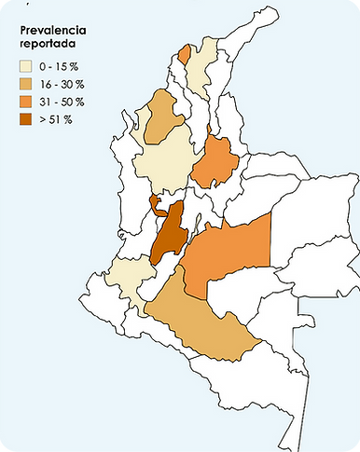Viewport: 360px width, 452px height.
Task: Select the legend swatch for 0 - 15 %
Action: pos(28,66)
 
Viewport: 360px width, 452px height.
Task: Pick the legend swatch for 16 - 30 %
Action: pos(28,84)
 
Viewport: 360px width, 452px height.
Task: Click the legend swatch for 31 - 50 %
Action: pos(28,102)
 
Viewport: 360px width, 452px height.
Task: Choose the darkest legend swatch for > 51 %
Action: pos(28,119)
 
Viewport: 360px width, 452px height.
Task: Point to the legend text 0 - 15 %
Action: pos(62,66)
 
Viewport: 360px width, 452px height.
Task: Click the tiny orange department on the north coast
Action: pos(184,55)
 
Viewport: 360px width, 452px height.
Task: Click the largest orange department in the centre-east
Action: pos(228,253)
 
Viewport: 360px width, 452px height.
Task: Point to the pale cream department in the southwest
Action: pos(130,279)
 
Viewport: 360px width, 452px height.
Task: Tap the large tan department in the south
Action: pos(196,327)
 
